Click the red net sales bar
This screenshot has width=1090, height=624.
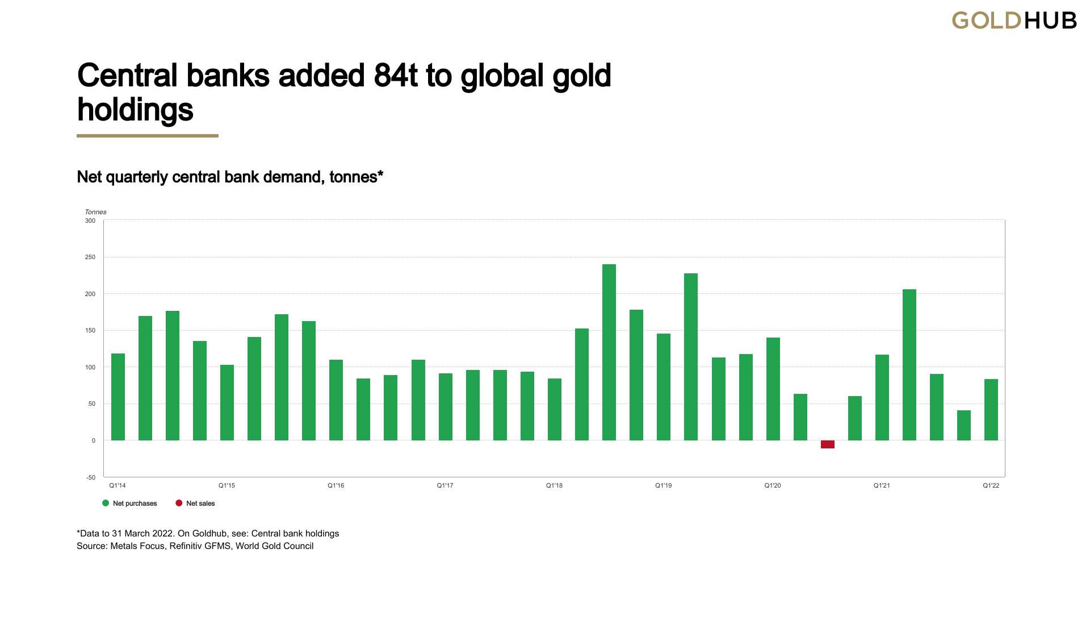(827, 444)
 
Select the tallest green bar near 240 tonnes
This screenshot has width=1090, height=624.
(609, 352)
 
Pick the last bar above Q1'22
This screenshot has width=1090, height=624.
(991, 410)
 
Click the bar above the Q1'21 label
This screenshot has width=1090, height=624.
(882, 397)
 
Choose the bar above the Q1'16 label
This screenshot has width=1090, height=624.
(336, 400)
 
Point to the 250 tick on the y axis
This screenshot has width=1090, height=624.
(90, 257)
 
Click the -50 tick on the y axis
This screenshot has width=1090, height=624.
(91, 477)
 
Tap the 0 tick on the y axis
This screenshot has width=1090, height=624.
(94, 440)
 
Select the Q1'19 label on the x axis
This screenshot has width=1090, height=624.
(663, 486)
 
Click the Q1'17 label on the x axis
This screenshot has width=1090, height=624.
(445, 486)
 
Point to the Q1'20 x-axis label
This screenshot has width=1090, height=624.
(772, 486)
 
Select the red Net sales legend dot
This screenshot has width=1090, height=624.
(179, 503)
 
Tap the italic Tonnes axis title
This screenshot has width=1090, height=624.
(95, 212)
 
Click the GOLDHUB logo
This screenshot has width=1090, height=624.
(1014, 21)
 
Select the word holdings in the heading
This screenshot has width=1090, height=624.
(135, 110)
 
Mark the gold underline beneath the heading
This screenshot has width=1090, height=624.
(148, 136)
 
